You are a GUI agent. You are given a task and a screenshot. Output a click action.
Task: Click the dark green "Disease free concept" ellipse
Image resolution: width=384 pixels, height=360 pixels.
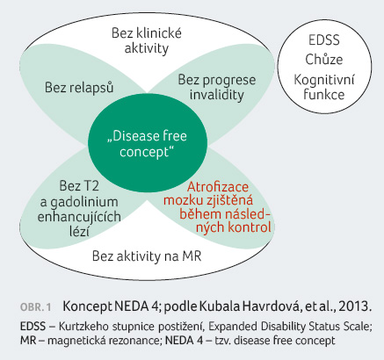click(x=148, y=142)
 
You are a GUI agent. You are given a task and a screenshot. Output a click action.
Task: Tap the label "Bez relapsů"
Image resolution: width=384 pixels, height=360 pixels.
click(x=79, y=88)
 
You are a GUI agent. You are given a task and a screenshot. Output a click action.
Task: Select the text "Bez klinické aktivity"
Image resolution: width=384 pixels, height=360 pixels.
click(x=147, y=40)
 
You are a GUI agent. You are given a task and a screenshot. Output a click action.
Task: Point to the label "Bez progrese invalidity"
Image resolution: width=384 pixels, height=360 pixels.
click(x=217, y=87)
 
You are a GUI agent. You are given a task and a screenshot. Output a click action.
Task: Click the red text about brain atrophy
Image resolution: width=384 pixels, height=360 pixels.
click(x=217, y=207)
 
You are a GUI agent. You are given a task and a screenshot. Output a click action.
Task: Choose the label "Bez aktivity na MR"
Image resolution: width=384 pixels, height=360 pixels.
click(x=147, y=256)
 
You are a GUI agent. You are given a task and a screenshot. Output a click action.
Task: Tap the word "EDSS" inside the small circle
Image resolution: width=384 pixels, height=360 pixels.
click(x=324, y=40)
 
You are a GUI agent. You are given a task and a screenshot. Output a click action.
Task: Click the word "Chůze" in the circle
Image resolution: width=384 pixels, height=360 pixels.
click(x=324, y=60)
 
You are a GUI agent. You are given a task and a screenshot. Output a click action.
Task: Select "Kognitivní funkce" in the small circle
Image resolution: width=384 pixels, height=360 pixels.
click(x=324, y=87)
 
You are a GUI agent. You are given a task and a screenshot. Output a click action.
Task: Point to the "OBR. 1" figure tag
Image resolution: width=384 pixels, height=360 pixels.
click(x=35, y=307)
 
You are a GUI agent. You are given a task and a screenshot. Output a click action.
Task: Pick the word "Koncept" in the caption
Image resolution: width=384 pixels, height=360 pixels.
click(x=88, y=306)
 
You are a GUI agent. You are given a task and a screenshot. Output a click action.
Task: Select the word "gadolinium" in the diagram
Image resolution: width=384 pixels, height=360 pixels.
click(x=84, y=202)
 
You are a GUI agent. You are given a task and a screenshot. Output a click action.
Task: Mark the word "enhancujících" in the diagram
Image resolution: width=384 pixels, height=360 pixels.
click(x=79, y=217)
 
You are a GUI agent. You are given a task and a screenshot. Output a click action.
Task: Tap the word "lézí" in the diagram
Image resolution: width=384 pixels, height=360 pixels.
click(x=79, y=231)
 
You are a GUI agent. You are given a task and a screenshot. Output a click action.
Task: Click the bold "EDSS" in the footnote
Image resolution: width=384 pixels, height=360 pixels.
click(x=33, y=327)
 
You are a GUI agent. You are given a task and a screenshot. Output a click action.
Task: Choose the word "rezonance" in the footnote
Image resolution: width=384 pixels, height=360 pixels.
click(x=134, y=341)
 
